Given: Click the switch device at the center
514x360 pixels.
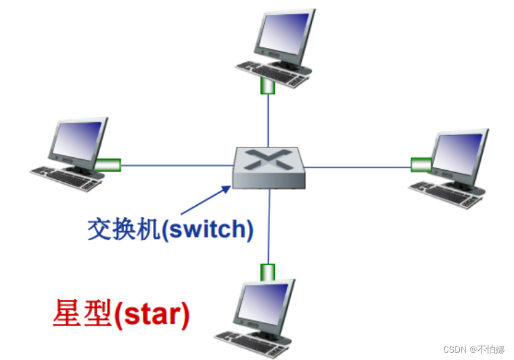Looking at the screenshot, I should coord(269,166).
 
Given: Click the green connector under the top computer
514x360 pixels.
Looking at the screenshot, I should coord(267,86).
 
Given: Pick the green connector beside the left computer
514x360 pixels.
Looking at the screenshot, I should coord(108,165).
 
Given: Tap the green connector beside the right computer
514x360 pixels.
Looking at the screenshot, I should coord(421,164).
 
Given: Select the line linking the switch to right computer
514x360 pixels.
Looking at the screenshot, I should coord(357,165).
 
